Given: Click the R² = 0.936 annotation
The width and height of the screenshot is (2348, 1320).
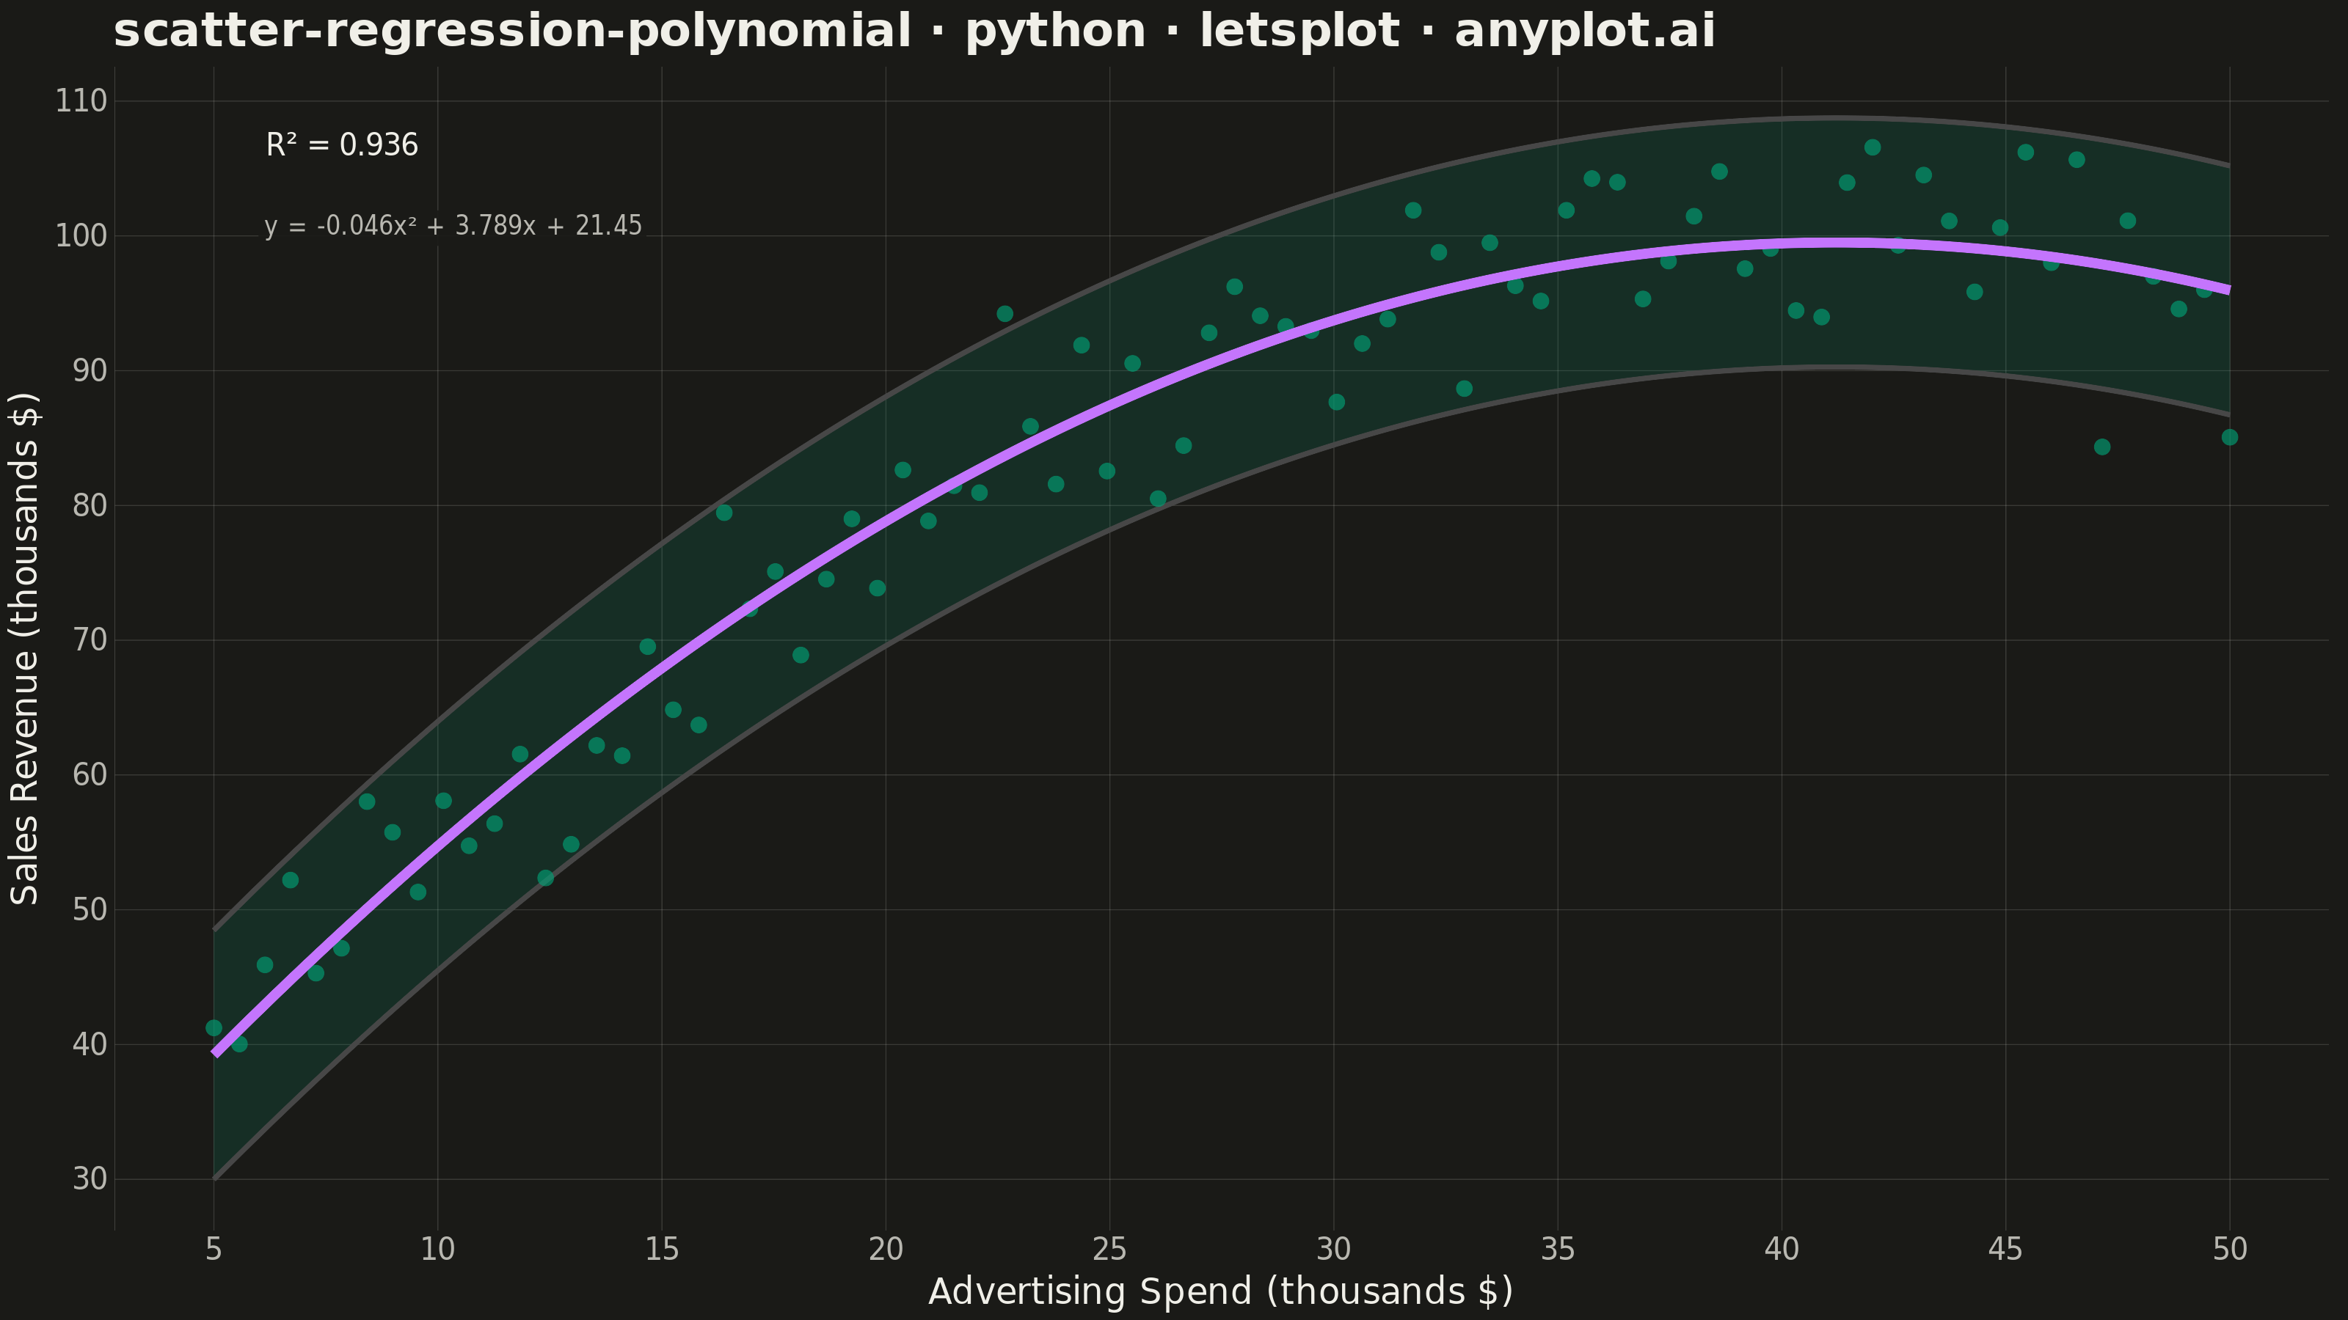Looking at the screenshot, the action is coord(342,145).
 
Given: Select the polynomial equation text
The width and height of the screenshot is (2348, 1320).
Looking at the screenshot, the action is coord(453,226).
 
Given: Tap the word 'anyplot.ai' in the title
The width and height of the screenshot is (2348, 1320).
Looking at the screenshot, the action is coord(1585,31).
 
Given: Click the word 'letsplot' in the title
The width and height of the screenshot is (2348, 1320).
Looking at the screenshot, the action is coord(1299,31).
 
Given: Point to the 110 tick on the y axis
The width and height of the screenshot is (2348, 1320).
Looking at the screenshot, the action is coord(81,101).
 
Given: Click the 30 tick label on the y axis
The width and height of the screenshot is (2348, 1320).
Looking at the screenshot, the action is coord(90,1180).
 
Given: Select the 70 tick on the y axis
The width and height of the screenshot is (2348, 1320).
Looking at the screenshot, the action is coord(90,640).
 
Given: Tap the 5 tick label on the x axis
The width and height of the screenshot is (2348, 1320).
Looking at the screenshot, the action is coord(214,1250).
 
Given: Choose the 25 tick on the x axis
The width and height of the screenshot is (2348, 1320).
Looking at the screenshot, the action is coord(1109,1250).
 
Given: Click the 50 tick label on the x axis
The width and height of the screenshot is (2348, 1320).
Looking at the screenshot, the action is coord(2230,1250).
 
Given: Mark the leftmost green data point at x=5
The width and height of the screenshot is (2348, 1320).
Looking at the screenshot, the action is coord(214,1027).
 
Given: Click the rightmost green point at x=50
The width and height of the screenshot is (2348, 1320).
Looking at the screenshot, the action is coord(2230,437).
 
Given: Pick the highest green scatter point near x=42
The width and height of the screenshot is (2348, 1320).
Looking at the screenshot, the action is coord(1873,147).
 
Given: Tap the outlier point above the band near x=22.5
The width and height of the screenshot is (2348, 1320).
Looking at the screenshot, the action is coord(1005,313).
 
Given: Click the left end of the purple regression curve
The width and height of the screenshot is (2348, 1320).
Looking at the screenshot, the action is coord(215,1054).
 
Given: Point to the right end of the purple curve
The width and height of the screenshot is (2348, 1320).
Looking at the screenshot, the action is coord(2228,290).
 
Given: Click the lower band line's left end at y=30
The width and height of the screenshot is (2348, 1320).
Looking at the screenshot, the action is coord(214,1178).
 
